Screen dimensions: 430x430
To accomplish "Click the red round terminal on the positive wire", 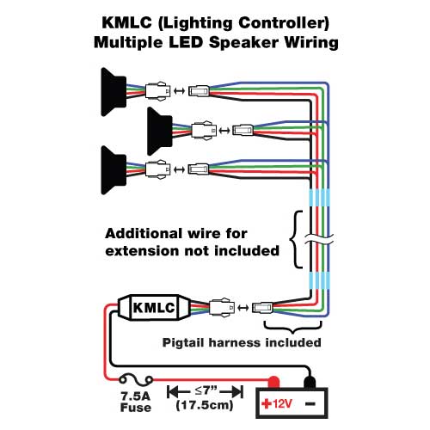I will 274,380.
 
